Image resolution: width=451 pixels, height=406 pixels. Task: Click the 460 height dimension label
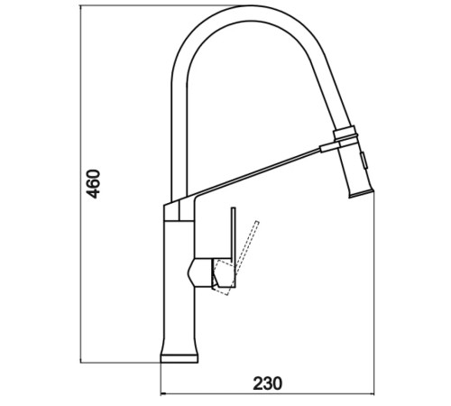tap(93, 184)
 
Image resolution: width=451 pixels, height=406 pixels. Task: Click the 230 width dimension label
tap(268, 383)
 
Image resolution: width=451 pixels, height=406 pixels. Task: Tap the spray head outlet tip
tap(361, 193)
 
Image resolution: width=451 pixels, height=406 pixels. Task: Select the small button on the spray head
tap(364, 161)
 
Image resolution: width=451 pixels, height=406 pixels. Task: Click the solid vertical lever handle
tap(233, 246)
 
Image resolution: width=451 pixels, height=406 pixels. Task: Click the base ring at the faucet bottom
tap(179, 358)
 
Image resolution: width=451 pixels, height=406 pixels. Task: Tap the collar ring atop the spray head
tap(345, 133)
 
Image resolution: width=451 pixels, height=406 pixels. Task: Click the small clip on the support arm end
tap(330, 148)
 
